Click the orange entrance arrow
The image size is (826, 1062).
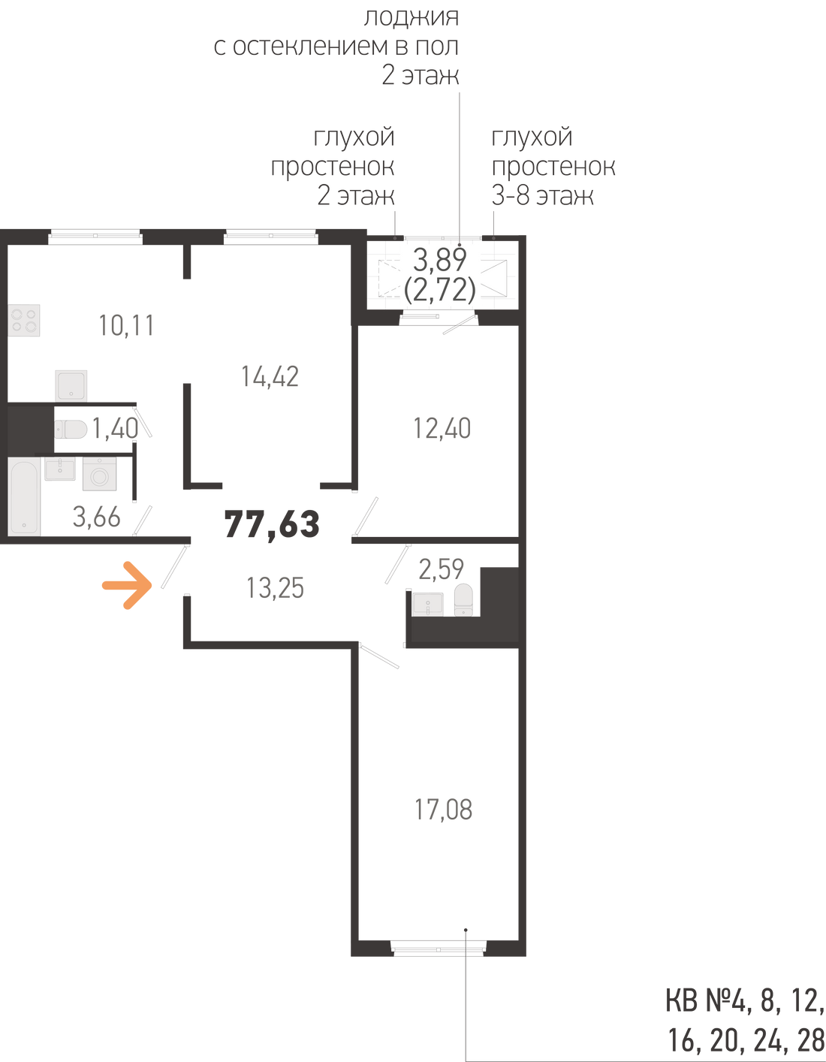pyautogui.click(x=126, y=584)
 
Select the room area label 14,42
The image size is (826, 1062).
pyautogui.click(x=270, y=376)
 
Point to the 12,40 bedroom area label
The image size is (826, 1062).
pyautogui.click(x=442, y=428)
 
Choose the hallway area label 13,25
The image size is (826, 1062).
pyautogui.click(x=276, y=587)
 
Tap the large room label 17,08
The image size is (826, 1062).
pyautogui.click(x=444, y=810)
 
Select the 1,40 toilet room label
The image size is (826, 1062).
pyautogui.click(x=115, y=429)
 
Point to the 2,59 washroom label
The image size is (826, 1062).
pyautogui.click(x=441, y=568)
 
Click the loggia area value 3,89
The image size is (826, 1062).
pyautogui.click(x=440, y=260)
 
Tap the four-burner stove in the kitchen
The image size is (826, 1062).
pyautogui.click(x=25, y=320)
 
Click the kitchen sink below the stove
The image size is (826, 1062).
pyautogui.click(x=71, y=385)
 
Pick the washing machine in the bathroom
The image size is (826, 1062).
pyautogui.click(x=98, y=475)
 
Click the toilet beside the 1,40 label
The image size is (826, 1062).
pyautogui.click(x=71, y=429)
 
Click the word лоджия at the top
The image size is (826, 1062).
pyautogui.click(x=410, y=17)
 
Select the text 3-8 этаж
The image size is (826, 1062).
pyautogui.click(x=542, y=197)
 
